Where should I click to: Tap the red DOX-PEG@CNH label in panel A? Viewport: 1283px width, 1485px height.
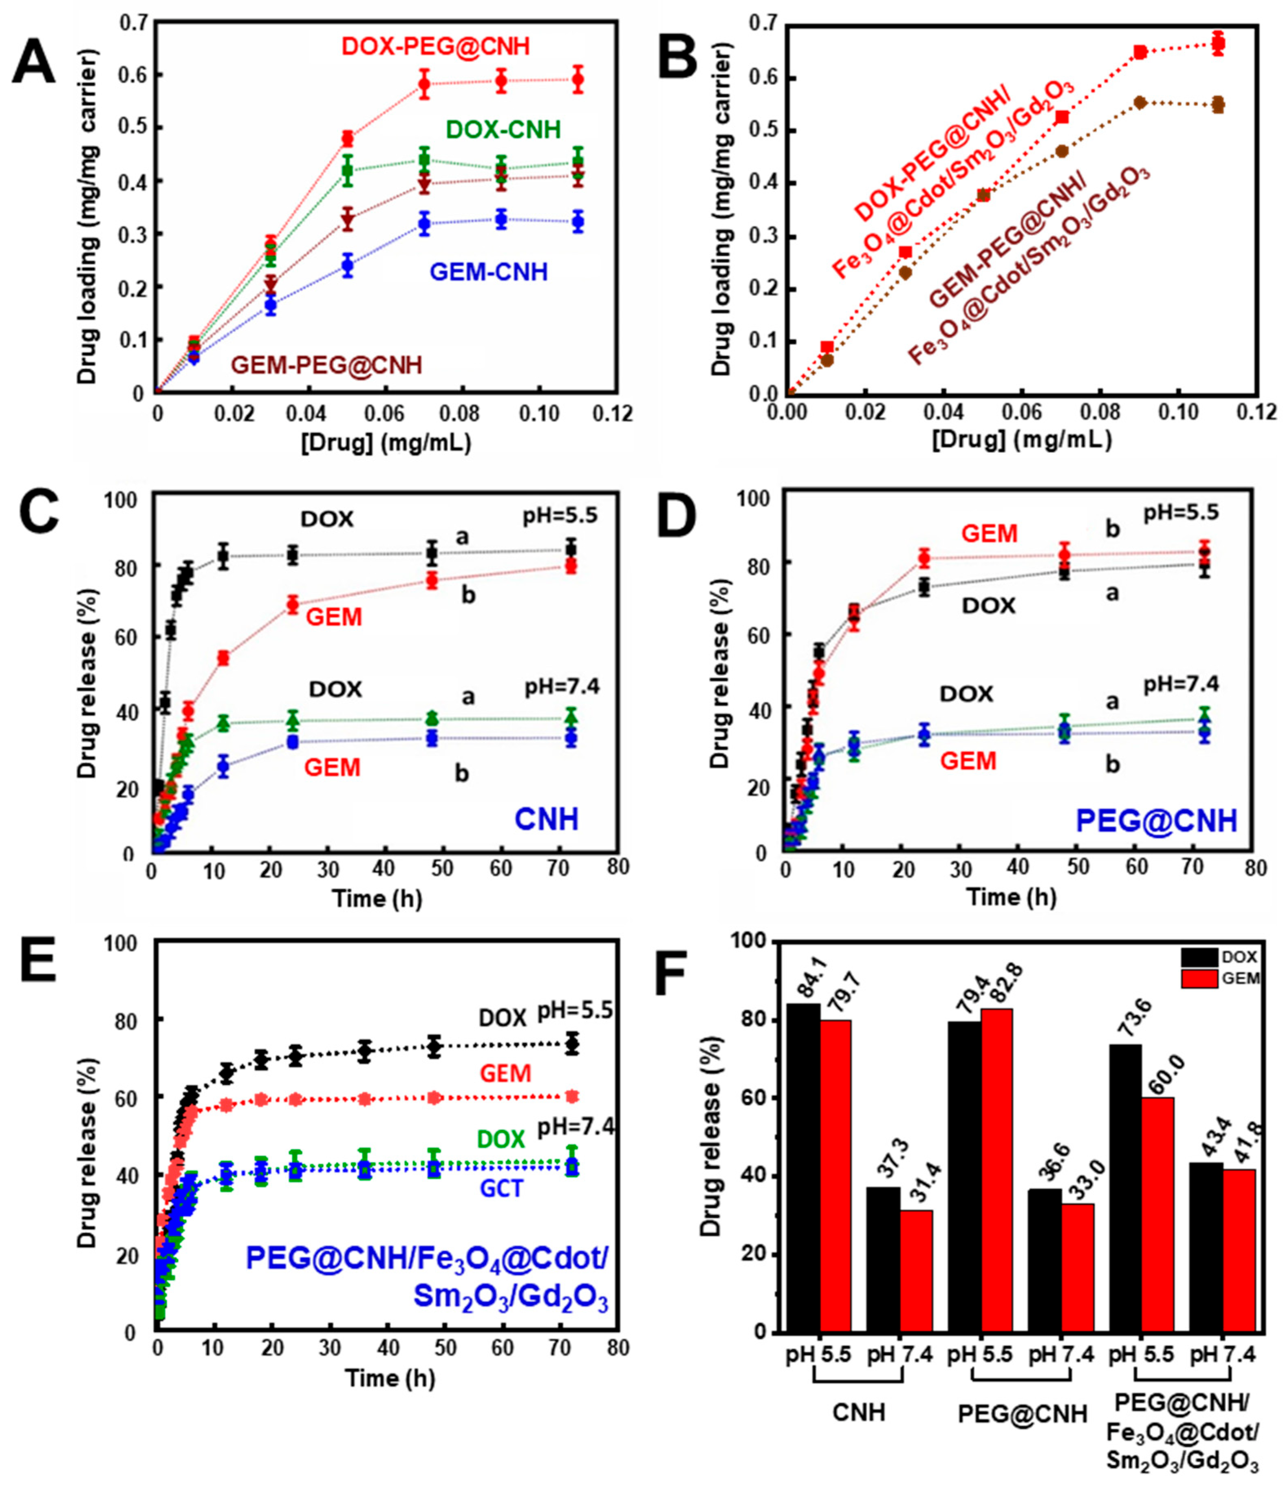click(435, 47)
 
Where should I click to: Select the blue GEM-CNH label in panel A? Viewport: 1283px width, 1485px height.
click(488, 272)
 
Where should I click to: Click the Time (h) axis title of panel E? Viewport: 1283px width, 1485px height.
click(390, 1377)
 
